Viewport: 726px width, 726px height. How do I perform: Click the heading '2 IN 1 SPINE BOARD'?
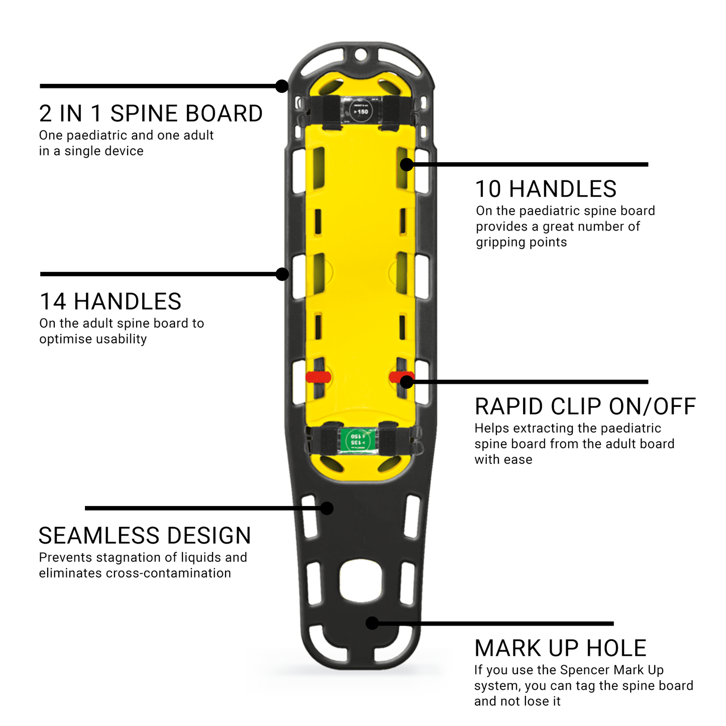tap(151, 114)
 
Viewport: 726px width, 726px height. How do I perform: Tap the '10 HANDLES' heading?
tap(546, 189)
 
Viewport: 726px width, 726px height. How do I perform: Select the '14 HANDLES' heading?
tap(110, 302)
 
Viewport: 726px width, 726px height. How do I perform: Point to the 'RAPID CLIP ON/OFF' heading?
tap(585, 407)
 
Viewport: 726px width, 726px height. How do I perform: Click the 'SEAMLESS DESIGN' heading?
tap(145, 536)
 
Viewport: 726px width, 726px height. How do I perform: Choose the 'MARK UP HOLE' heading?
tap(560, 649)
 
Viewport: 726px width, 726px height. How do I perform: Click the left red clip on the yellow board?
tap(318, 377)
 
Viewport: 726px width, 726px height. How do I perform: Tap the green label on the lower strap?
tap(358, 440)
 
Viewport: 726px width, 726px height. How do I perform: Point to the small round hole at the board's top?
tap(360, 54)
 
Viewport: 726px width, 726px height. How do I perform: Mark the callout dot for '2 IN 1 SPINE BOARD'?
tap(282, 86)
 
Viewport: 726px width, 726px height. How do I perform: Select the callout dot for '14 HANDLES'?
tap(282, 274)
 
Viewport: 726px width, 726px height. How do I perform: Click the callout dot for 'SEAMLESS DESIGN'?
tap(327, 508)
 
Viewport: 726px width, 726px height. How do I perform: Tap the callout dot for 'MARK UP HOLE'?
tap(372, 623)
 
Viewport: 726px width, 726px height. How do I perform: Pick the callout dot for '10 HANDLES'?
tap(407, 164)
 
